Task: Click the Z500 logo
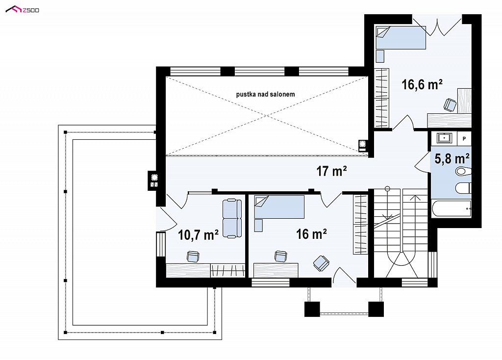[23, 10]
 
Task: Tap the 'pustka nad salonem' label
[265, 94]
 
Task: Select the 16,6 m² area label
[422, 84]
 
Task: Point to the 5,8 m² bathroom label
[452, 158]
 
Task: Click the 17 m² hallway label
[332, 171]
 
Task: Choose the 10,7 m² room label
[198, 235]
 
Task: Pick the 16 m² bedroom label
[311, 234]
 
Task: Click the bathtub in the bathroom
[451, 208]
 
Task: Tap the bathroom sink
[445, 138]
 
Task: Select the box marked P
[464, 139]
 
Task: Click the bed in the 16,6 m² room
[401, 37]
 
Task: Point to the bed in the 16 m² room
[279, 207]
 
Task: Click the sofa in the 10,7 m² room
[232, 218]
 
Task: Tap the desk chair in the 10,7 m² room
[193, 256]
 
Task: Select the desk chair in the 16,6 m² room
[450, 104]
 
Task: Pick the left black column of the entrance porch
[312, 309]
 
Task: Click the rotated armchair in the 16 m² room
[321, 263]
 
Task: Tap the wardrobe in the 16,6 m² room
[381, 98]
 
